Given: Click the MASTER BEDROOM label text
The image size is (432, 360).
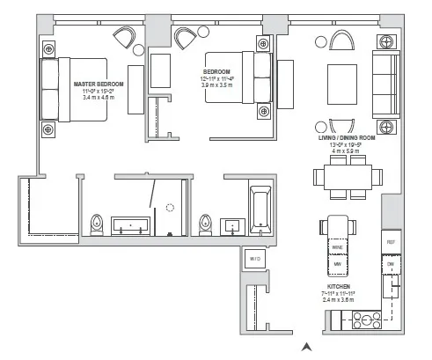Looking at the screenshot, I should [99, 84].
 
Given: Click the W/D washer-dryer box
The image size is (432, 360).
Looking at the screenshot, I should [254, 259].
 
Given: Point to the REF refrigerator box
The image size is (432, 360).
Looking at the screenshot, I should [391, 241].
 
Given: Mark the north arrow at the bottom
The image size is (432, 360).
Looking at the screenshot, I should [306, 347].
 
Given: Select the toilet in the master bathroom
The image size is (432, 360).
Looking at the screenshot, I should [98, 224].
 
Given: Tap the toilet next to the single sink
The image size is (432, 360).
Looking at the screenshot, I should [206, 224].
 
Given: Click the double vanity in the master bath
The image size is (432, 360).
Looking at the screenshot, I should [133, 224].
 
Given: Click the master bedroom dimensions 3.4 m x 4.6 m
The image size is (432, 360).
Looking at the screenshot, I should [99, 99].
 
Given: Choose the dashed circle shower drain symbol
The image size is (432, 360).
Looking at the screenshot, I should [170, 208].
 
